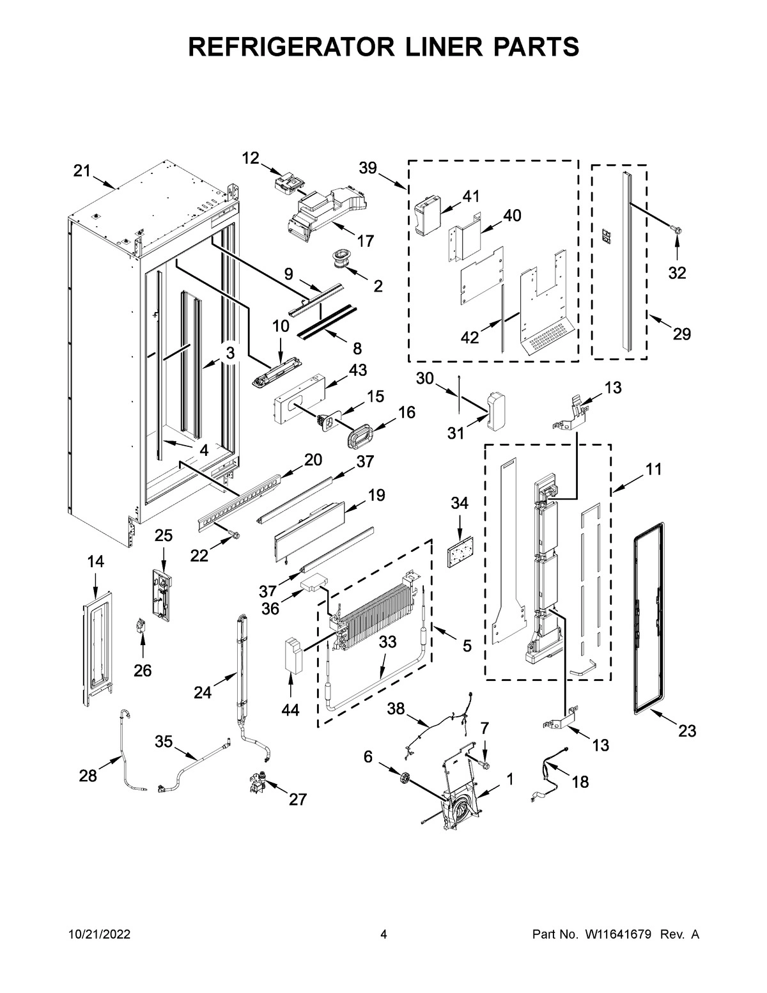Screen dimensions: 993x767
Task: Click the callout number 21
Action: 81,171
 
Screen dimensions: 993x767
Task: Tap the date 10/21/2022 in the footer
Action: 99,935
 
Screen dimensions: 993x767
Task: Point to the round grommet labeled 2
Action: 338,259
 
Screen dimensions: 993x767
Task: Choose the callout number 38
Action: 396,708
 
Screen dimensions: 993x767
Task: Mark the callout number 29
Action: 681,334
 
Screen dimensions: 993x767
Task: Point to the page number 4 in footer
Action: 383,935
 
